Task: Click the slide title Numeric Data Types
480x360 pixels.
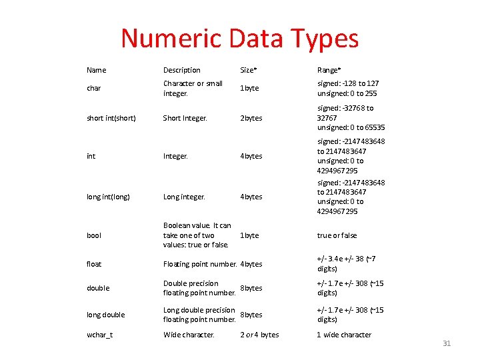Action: (239, 39)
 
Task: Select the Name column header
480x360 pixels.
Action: (96, 70)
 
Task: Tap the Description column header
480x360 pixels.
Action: (181, 70)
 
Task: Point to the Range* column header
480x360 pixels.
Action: (329, 70)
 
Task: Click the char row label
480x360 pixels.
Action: (93, 89)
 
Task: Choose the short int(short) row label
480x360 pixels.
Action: (111, 118)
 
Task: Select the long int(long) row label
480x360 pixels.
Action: (108, 197)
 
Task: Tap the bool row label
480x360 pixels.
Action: (94, 235)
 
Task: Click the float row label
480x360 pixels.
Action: (94, 264)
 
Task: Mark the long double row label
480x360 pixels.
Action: (105, 315)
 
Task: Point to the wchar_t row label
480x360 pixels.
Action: (99, 335)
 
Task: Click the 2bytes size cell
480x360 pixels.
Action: (251, 118)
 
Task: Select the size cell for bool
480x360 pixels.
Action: (249, 235)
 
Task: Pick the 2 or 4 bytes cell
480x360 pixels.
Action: (259, 335)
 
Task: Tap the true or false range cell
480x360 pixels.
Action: (337, 235)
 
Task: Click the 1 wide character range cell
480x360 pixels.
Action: (344, 335)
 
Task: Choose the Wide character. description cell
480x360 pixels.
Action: (189, 335)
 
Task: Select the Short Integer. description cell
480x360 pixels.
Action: (185, 118)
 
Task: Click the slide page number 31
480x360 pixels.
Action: (447, 343)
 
